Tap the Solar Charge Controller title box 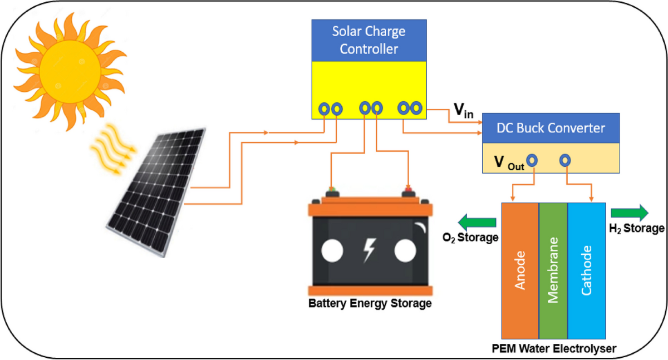(x=369, y=40)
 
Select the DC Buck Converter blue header (x=550, y=128)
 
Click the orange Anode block (x=520, y=270)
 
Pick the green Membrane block (x=553, y=270)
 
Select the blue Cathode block (x=586, y=270)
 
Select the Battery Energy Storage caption (x=370, y=304)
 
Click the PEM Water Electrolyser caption (x=554, y=349)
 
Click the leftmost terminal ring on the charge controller (x=324, y=109)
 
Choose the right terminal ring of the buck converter (x=565, y=160)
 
